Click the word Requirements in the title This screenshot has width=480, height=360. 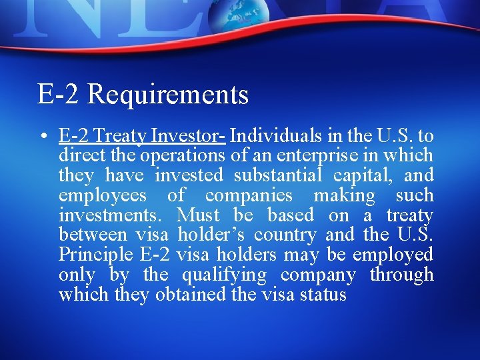click(167, 95)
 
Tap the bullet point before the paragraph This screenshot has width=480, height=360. click(42, 137)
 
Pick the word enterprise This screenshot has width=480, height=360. click(335, 156)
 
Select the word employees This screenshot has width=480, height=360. click(102, 196)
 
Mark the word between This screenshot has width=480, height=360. click(93, 235)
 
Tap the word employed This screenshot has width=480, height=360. click(393, 255)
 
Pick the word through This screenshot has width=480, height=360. click(401, 275)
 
